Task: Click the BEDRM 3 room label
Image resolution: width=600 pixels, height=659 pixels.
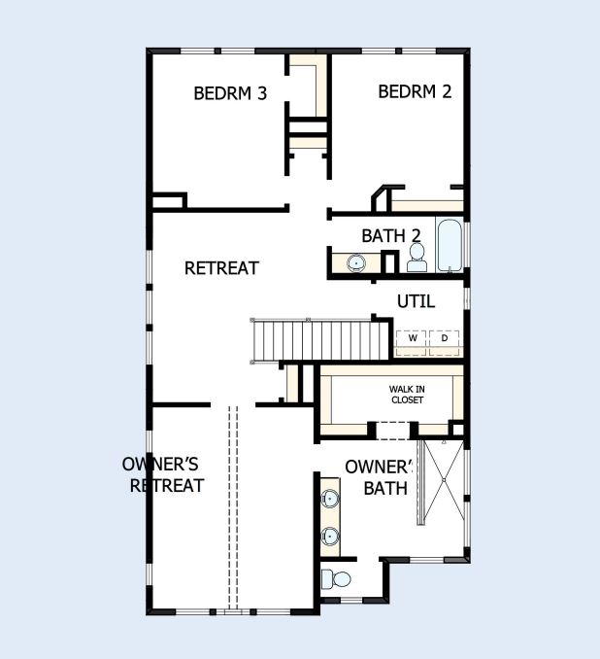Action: tap(230, 93)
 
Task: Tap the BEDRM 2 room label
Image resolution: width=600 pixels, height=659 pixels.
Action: tap(415, 91)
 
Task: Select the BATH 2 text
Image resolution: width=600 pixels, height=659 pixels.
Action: tap(390, 235)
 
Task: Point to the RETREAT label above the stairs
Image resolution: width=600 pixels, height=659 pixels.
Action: tap(221, 267)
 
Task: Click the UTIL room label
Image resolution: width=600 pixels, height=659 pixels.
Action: tap(416, 301)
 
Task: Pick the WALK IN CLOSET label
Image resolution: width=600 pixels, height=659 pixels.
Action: tap(407, 394)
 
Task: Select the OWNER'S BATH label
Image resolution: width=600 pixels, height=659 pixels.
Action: tap(380, 476)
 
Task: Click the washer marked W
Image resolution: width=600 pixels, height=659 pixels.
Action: tap(412, 338)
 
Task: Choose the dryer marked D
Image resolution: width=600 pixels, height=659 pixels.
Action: tap(444, 338)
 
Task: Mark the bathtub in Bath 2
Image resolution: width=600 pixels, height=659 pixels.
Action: tap(450, 247)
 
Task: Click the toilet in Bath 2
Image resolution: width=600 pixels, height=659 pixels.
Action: tap(417, 257)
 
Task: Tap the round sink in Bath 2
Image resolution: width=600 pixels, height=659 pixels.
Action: tap(356, 262)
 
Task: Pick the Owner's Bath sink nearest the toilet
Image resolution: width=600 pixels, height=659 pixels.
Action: tap(330, 536)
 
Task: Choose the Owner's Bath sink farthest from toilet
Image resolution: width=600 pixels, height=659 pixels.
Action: tap(330, 499)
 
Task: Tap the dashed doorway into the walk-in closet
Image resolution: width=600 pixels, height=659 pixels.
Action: tap(394, 429)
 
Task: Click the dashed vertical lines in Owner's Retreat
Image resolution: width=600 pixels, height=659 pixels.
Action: tap(232, 505)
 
